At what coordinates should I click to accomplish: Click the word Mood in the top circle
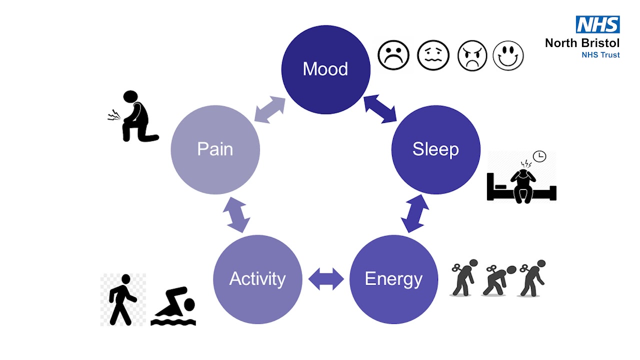point(325,69)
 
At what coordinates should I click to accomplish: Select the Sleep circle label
point(435,149)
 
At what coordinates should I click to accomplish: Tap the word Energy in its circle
point(393,278)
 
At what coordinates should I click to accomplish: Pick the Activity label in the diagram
point(257,278)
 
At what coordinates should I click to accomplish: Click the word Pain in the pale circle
point(215,149)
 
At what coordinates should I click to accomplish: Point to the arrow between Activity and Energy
point(326,278)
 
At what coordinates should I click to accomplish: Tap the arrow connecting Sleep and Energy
point(415,213)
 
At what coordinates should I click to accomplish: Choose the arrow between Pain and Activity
point(236,214)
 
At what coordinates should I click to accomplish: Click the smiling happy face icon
point(508,55)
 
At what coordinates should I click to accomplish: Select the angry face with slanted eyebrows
point(472,55)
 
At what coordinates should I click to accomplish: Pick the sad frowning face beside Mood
point(393,55)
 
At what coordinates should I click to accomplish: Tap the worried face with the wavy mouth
point(433,55)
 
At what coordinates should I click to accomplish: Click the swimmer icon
point(173,306)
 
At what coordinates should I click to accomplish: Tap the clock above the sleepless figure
point(539,156)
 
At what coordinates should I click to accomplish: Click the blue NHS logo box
point(597,24)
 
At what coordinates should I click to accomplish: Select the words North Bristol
point(582,43)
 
